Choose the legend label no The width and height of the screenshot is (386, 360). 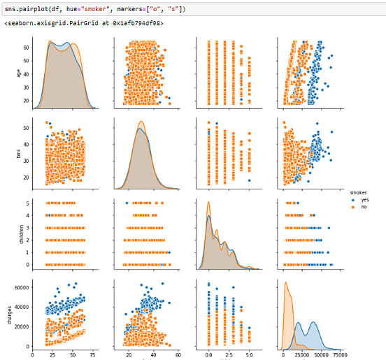tap(363, 206)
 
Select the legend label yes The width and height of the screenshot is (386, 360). tap(364, 199)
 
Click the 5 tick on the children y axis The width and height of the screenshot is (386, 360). tap(27, 203)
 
